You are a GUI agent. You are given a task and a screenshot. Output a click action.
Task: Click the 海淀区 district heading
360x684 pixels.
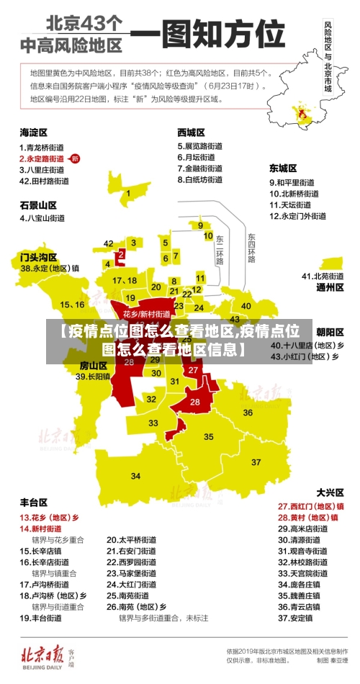(x=33, y=132)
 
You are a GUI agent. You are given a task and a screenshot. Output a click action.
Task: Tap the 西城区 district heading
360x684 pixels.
(x=191, y=132)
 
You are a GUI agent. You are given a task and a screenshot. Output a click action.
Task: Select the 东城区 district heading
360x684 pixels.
(x=283, y=168)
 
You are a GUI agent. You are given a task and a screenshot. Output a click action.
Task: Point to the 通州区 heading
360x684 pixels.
(x=330, y=287)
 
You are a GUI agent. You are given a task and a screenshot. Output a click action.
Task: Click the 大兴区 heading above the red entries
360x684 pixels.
(x=330, y=492)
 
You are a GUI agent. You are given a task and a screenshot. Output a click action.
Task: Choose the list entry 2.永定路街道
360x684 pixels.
(x=41, y=158)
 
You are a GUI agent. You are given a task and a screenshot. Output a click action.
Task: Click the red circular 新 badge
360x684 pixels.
(x=76, y=158)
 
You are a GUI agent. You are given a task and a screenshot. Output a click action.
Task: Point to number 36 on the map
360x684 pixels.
(x=248, y=413)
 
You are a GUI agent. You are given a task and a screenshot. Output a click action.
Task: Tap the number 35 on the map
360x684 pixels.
(x=209, y=436)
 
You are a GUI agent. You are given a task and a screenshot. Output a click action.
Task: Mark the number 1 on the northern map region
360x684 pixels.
(x=128, y=193)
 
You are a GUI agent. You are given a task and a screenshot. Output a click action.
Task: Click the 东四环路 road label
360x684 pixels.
(x=251, y=248)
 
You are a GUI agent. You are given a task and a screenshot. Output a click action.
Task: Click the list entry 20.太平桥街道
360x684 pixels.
(x=132, y=539)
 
